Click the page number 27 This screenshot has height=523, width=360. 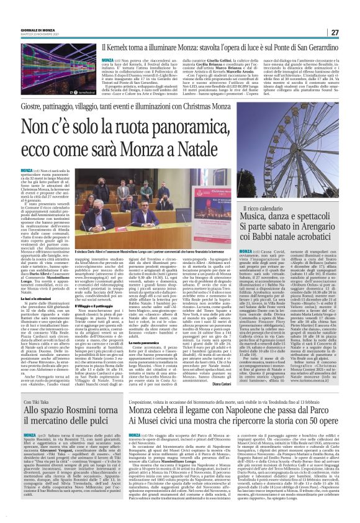[x=335, y=32]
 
